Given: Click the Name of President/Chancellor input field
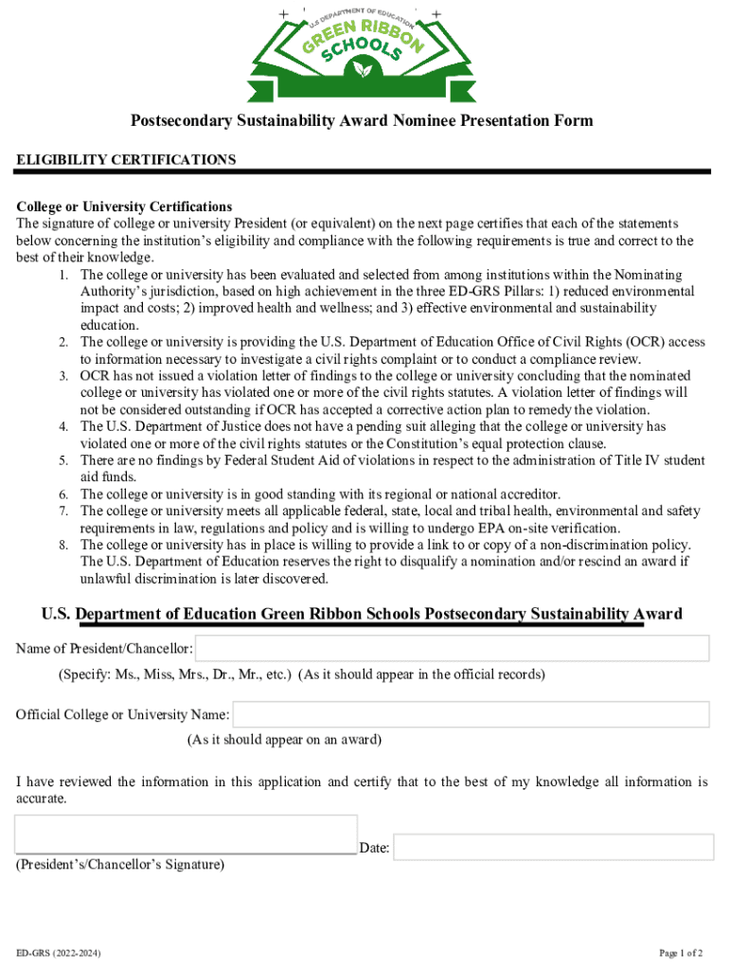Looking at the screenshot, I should [x=453, y=649].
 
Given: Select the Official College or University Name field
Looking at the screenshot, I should [x=471, y=714].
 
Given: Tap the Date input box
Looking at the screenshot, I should [x=553, y=847].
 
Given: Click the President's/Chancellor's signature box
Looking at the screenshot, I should [x=187, y=834].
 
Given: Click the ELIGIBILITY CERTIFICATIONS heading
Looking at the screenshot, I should [x=126, y=160].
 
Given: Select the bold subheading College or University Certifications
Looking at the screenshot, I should [x=124, y=207].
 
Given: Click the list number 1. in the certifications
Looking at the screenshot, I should [x=62, y=275].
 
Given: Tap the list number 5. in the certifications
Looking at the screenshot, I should [x=62, y=460].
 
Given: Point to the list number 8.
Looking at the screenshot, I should [x=62, y=546].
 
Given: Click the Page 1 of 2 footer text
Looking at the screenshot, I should [x=681, y=953].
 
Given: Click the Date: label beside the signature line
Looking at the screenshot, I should [x=375, y=849].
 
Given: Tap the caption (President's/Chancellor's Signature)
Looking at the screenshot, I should [x=120, y=865].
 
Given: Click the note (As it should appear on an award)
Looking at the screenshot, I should [x=284, y=739].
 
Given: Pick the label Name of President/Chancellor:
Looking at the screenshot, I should [x=105, y=650].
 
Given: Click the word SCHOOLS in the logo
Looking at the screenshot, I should [x=365, y=47].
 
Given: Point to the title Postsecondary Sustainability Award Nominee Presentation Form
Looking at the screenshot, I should [x=362, y=120].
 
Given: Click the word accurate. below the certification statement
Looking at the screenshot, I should [x=42, y=799].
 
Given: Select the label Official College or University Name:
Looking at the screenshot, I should [x=122, y=714].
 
